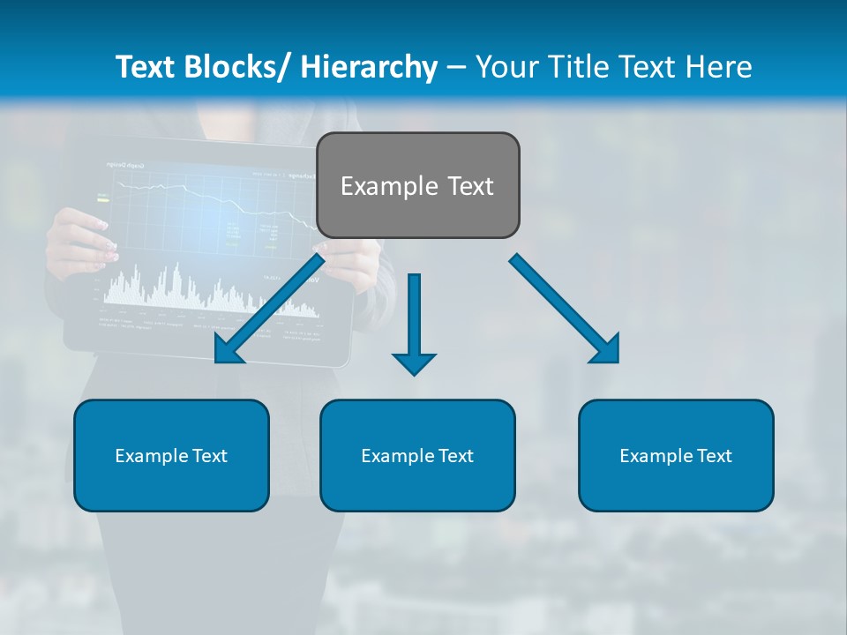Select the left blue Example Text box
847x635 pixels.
[171, 455]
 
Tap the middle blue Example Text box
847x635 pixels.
[417, 455]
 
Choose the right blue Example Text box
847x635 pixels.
[676, 455]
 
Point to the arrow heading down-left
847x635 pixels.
[269, 309]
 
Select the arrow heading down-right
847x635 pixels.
[565, 309]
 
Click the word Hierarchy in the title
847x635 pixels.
[369, 67]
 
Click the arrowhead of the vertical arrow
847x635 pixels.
[414, 362]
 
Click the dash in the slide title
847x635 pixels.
[456, 67]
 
